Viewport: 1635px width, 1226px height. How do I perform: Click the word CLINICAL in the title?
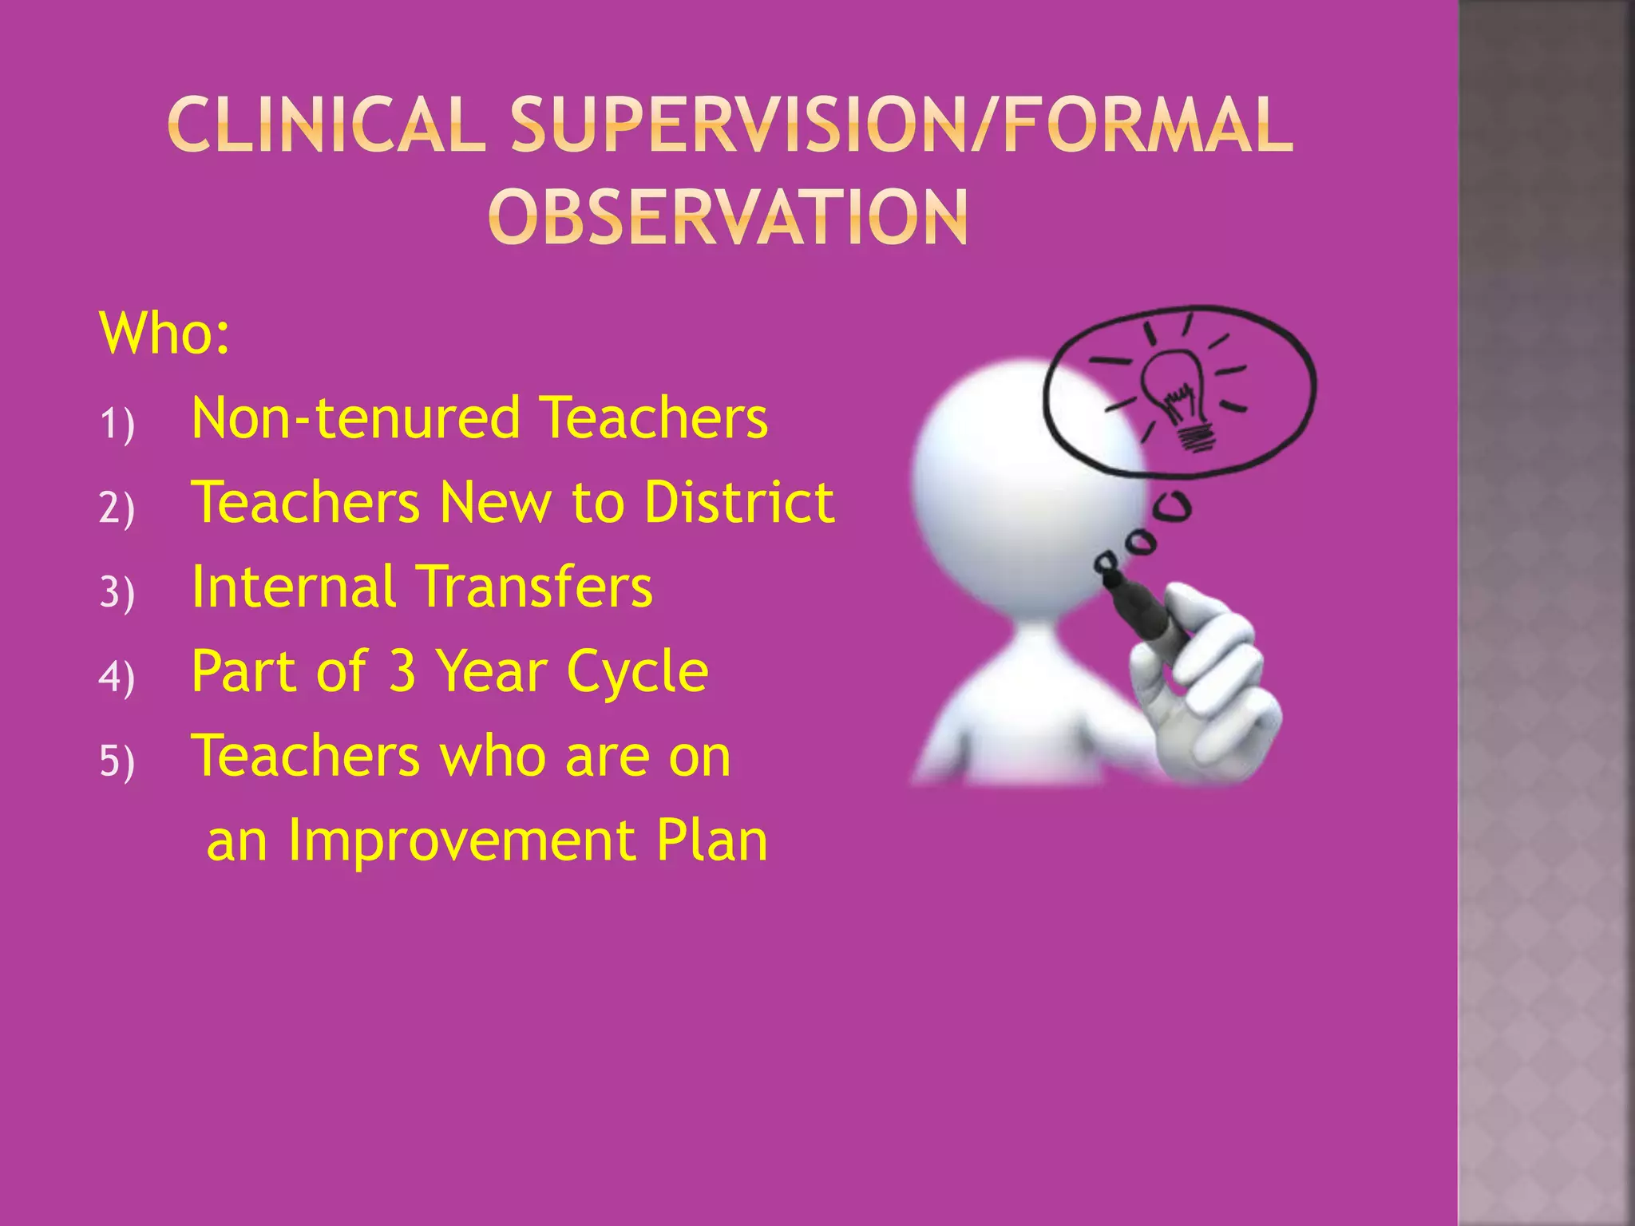click(x=327, y=125)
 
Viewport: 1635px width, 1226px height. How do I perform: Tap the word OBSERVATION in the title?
click(x=728, y=217)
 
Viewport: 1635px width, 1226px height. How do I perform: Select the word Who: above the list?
click(x=164, y=333)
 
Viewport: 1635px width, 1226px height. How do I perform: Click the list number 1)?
click(x=117, y=423)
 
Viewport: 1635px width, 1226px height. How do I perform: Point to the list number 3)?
click(x=117, y=592)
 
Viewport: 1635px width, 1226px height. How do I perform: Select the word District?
click(x=739, y=502)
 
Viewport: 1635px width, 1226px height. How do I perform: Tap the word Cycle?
click(x=637, y=672)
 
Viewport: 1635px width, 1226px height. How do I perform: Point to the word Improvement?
click(x=461, y=840)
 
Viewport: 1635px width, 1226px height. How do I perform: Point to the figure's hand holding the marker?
click(x=1202, y=686)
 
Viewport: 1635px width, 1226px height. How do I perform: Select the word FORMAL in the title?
click(x=1147, y=125)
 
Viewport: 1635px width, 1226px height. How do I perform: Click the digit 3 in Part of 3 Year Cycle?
click(x=402, y=670)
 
